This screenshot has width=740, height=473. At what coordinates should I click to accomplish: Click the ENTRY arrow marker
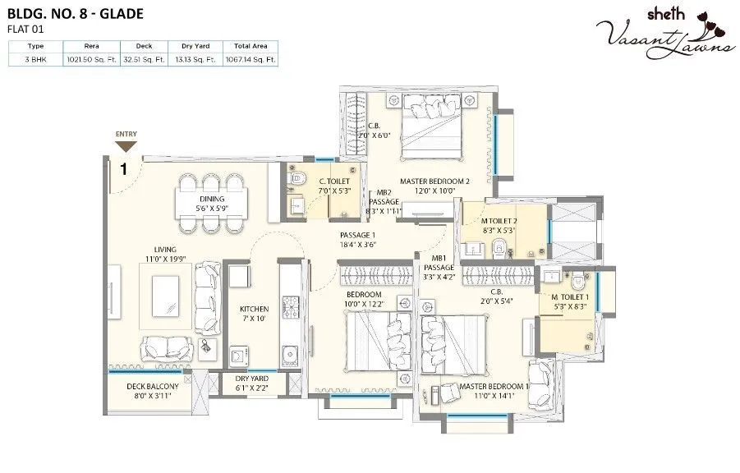[126, 145]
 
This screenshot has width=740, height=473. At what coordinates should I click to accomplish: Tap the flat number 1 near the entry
[123, 170]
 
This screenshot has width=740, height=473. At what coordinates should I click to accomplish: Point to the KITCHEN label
[254, 314]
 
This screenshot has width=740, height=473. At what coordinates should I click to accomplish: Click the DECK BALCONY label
[147, 390]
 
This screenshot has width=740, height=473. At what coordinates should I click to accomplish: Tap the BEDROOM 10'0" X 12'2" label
[363, 299]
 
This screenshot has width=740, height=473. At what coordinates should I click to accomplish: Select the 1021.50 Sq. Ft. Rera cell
[90, 60]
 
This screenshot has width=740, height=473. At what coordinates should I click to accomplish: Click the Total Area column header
[253, 47]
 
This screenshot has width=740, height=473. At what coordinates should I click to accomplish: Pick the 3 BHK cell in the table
[35, 60]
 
